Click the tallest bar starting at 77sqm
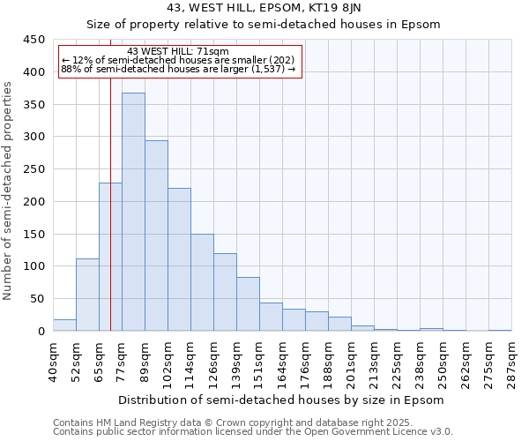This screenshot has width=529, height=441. [133, 212]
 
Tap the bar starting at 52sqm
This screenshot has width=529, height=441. [87, 295]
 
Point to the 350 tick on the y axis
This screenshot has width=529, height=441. [34, 104]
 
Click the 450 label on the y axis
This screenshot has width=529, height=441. [34, 40]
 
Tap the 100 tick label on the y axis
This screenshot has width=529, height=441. [34, 266]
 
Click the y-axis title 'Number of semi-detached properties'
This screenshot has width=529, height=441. [9, 191]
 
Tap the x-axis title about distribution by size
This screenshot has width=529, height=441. [280, 400]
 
